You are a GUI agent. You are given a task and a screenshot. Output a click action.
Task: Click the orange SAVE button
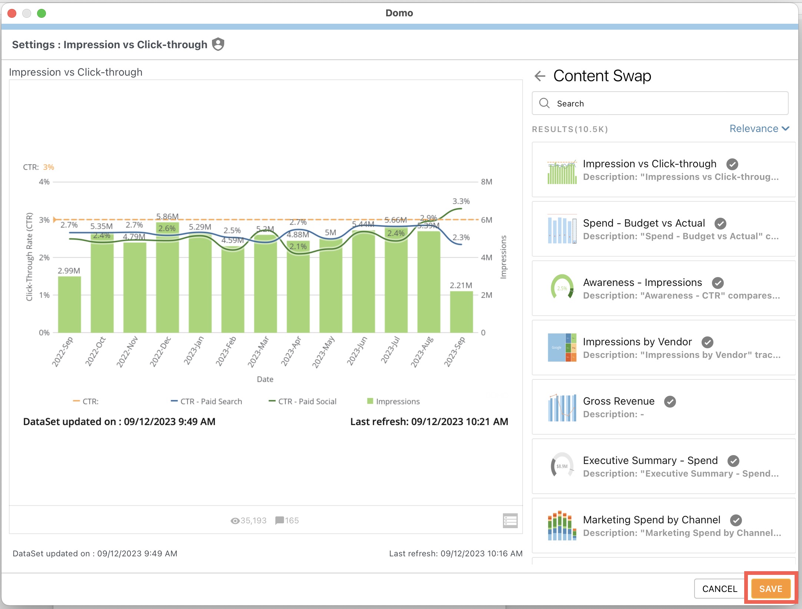770,589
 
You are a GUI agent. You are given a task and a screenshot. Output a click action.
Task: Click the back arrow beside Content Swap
540,76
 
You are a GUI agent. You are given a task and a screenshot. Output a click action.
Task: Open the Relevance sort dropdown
759,129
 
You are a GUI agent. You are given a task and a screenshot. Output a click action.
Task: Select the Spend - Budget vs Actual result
644,223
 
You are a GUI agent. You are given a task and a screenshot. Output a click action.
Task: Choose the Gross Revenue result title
619,401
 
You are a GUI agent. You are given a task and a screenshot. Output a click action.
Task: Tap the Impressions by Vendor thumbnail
562,348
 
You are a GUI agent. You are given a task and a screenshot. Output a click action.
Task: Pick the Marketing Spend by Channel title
651,520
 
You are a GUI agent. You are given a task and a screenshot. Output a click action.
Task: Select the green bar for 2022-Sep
69,305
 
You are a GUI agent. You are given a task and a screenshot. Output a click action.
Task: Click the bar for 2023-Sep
461,312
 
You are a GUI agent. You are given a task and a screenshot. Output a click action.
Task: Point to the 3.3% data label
461,201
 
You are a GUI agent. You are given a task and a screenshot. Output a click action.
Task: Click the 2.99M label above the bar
69,271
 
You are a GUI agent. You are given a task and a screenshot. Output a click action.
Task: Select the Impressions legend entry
397,401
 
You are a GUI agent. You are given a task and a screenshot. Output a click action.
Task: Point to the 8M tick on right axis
486,182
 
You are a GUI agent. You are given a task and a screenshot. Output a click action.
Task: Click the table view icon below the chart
510,520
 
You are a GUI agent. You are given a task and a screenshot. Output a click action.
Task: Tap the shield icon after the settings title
218,44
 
